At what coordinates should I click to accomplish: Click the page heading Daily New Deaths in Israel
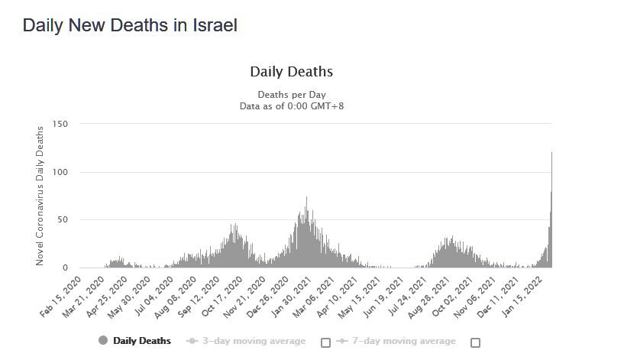pyautogui.click(x=130, y=25)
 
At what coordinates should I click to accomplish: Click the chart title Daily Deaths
pyautogui.click(x=291, y=72)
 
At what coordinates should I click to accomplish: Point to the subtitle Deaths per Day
pyautogui.click(x=291, y=94)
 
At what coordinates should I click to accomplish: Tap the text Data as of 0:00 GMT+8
pyautogui.click(x=291, y=105)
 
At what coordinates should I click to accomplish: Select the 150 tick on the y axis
pyautogui.click(x=60, y=124)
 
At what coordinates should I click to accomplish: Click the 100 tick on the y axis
pyautogui.click(x=60, y=172)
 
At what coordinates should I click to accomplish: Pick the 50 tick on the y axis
pyautogui.click(x=63, y=220)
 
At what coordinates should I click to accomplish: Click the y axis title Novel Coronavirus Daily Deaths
pyautogui.click(x=40, y=196)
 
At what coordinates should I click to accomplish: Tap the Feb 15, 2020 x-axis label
pyautogui.click(x=61, y=294)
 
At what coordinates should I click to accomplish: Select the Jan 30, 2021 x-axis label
pyautogui.click(x=290, y=294)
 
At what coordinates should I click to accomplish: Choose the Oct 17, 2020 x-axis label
pyautogui.click(x=221, y=294)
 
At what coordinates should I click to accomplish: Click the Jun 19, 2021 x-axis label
pyautogui.click(x=386, y=294)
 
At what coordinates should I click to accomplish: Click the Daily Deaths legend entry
pyautogui.click(x=135, y=341)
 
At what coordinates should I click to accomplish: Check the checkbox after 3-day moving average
pyautogui.click(x=326, y=342)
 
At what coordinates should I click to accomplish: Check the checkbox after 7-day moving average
pyautogui.click(x=475, y=342)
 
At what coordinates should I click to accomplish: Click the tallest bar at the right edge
pyautogui.click(x=551, y=210)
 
